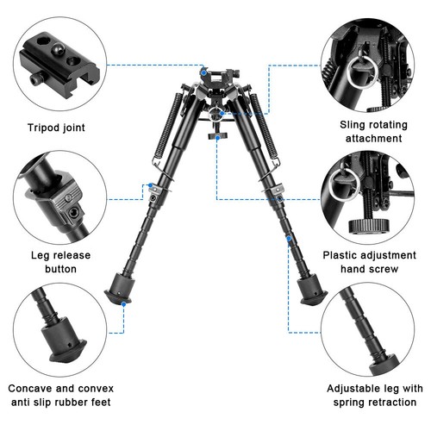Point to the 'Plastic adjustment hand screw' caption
coord(372,262)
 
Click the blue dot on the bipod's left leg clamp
coord(152,185)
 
